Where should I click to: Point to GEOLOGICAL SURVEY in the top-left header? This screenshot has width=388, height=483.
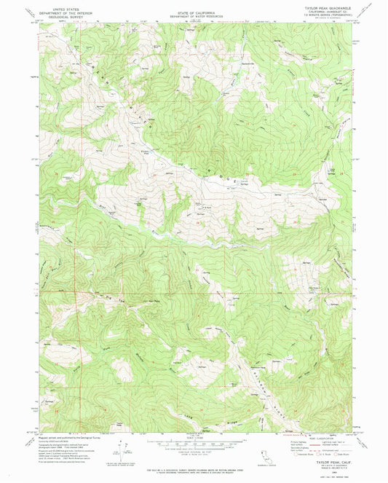pos(60,19)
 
